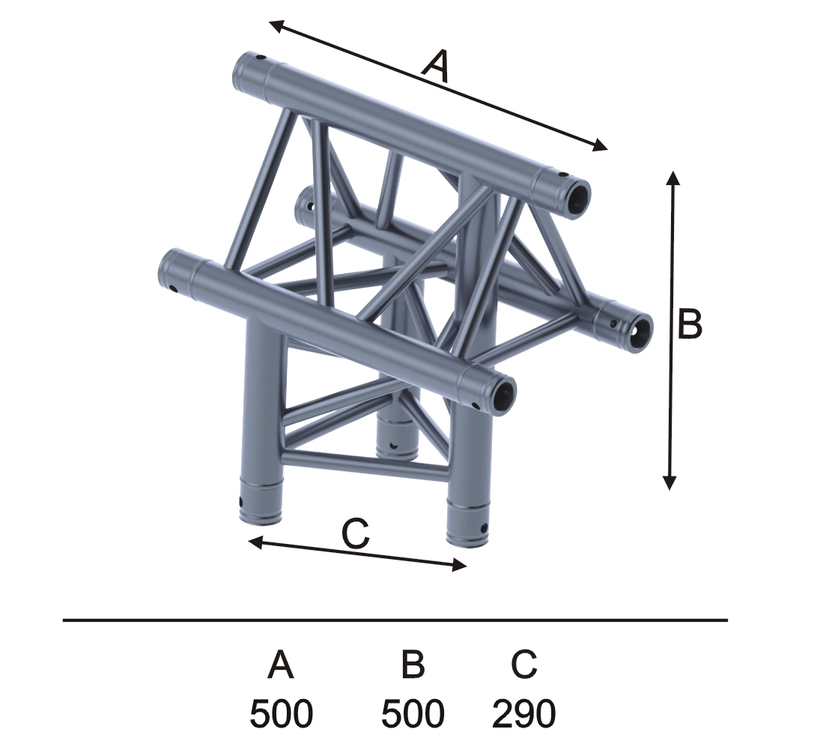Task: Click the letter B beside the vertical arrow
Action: [690, 324]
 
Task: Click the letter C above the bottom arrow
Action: [356, 533]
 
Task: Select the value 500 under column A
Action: [281, 713]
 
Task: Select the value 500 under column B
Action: [413, 713]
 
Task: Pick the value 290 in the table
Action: [523, 713]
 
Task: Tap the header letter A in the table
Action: [281, 664]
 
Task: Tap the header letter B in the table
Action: [413, 664]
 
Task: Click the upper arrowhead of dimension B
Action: [672, 178]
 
